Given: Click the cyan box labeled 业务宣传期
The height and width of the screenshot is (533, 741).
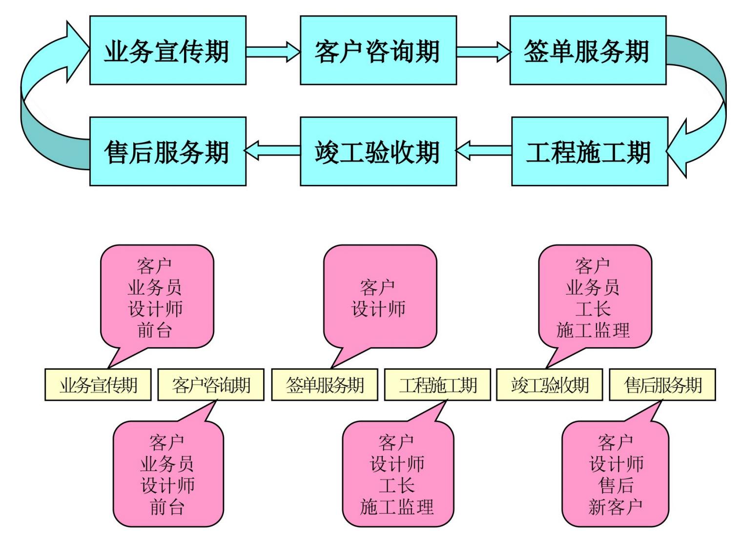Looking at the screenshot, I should coord(167,50).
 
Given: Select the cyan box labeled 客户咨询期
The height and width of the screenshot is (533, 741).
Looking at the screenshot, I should coord(378,50).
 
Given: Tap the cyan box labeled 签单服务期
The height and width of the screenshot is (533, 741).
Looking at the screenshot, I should coord(587,50).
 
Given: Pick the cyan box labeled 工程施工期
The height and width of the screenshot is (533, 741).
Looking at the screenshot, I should coord(589,151).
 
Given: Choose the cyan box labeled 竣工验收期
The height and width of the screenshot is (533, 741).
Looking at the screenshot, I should coord(378,151).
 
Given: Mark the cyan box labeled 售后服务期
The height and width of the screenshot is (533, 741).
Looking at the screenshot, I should coord(167,151).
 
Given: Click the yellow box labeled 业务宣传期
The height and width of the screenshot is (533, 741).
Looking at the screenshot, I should coord(98,385).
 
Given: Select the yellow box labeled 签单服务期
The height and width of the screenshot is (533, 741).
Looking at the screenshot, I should coord(325,385).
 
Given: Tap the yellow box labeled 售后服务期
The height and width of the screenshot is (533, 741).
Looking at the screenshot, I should coord(662,385).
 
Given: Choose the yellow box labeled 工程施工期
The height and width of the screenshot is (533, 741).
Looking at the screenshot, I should coord(437,385).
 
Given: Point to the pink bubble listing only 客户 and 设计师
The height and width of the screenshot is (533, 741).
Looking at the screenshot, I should coord(380,297).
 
